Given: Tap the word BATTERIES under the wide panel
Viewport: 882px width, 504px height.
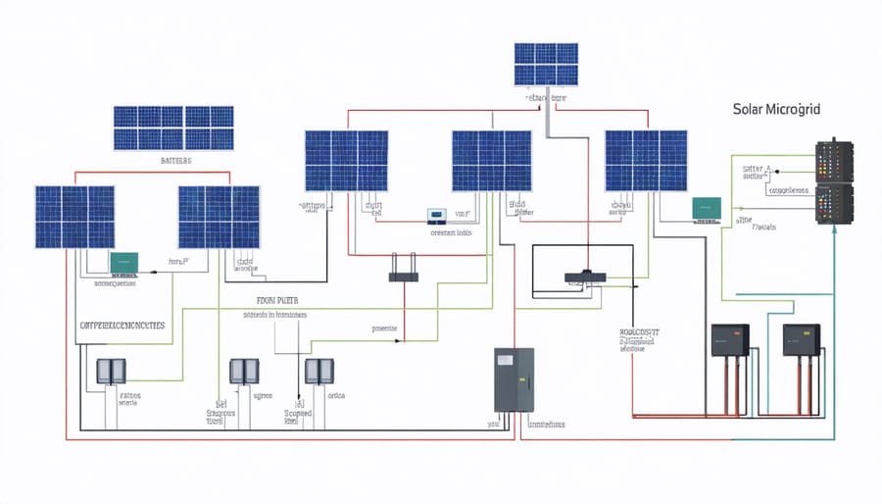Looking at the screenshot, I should coord(173,159).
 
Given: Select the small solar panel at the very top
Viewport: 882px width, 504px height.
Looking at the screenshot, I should coord(547,65).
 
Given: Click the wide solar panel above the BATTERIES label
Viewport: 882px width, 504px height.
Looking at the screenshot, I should coord(173,127).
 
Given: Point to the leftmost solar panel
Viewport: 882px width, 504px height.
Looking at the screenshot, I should coord(74,216).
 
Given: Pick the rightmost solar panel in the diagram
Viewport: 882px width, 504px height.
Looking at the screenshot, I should coord(646,161).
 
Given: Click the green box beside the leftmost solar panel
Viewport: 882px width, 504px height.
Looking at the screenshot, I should coord(124,262).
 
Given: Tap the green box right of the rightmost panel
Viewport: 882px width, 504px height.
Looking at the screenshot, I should coord(707,208).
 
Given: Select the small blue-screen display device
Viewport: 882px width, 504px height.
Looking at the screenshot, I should coord(435,214).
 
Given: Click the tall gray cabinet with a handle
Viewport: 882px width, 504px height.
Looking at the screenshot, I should coord(514,378).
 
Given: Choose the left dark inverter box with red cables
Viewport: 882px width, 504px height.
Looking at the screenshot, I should coord(730,339).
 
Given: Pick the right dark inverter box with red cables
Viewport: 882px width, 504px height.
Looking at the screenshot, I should coord(801,339).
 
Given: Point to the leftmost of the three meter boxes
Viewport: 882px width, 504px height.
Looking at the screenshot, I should coord(108,371).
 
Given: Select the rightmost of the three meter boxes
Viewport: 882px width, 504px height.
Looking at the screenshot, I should coord(318,371).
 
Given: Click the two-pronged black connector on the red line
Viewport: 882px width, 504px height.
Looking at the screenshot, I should coord(403,276).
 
